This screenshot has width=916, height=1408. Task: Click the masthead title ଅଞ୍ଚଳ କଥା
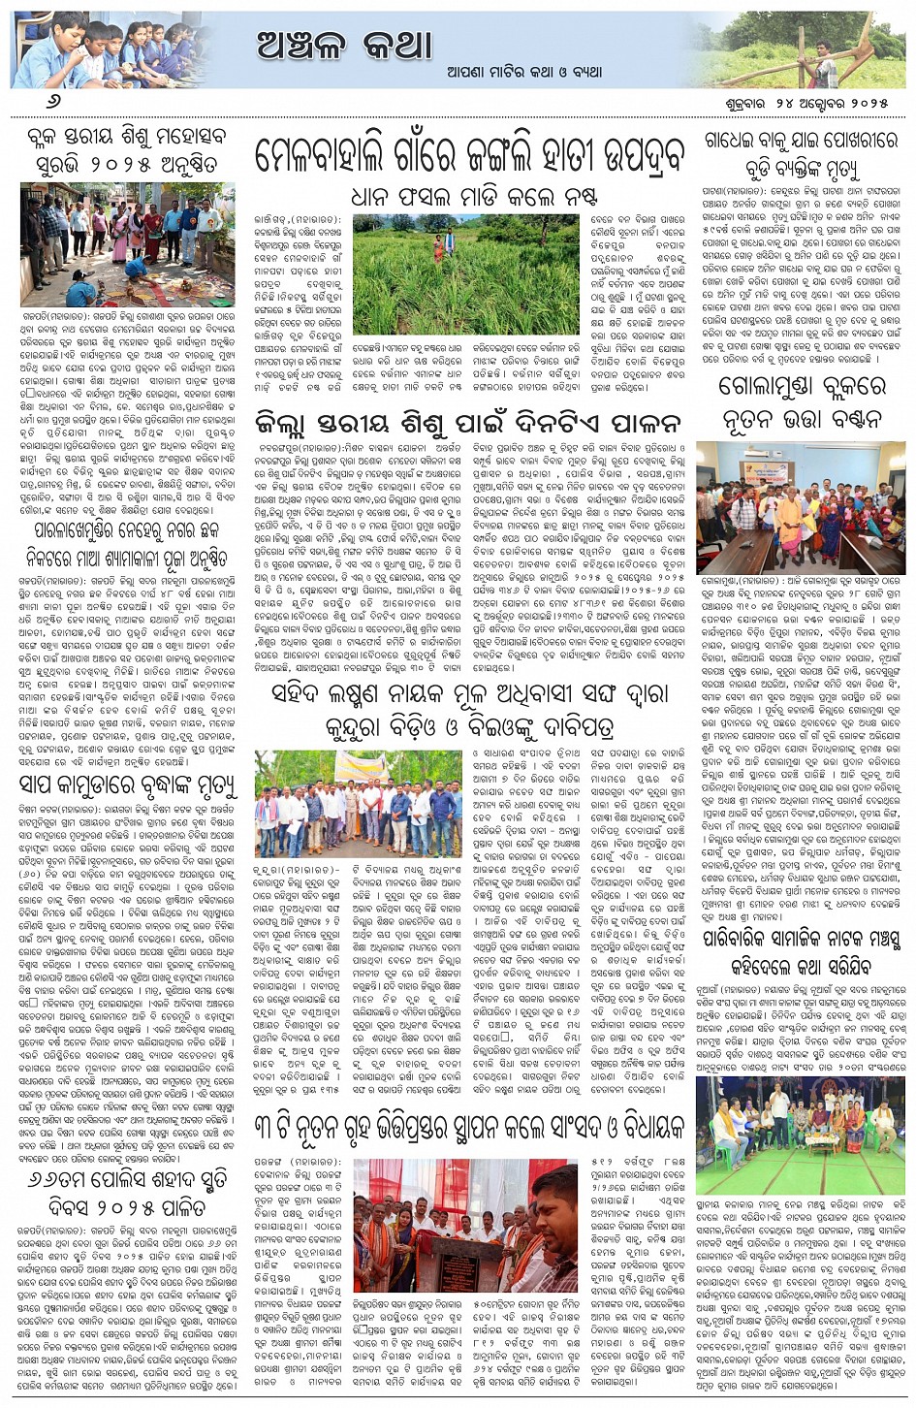(x=345, y=45)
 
